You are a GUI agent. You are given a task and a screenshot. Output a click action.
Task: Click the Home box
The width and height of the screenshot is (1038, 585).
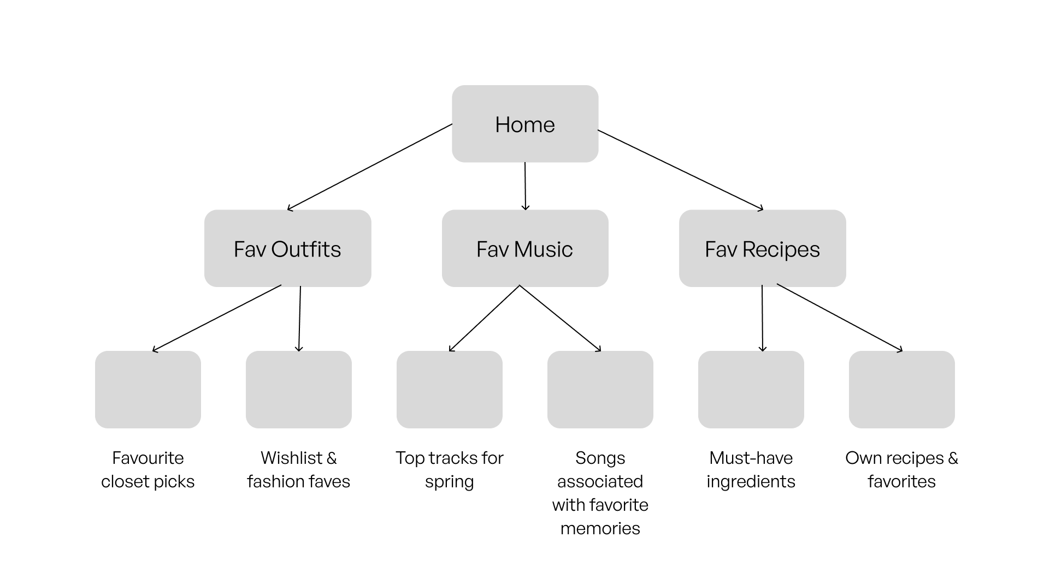pyautogui.click(x=525, y=123)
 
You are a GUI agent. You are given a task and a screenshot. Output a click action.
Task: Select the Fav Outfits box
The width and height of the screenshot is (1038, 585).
pyautogui.click(x=288, y=248)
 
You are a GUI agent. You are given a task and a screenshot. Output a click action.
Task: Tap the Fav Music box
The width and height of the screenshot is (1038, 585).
pyautogui.click(x=525, y=248)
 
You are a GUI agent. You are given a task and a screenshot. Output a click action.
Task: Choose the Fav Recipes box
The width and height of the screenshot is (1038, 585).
pyautogui.click(x=763, y=248)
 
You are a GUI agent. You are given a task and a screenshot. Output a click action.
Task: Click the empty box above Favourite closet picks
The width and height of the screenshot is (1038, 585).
pyautogui.click(x=148, y=390)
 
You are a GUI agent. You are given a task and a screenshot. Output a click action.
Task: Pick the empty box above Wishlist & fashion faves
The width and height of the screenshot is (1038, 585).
pyautogui.click(x=299, y=390)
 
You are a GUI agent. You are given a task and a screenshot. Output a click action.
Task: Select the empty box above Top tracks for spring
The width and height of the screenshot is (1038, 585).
pyautogui.click(x=450, y=390)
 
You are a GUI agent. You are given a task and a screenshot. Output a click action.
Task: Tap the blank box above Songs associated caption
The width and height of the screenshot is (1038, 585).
pyautogui.click(x=600, y=390)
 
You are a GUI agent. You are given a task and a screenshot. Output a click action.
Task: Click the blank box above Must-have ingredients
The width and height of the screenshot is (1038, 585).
pyautogui.click(x=751, y=390)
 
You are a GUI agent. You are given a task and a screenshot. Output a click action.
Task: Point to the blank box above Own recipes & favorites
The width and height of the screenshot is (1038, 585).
pyautogui.click(x=902, y=390)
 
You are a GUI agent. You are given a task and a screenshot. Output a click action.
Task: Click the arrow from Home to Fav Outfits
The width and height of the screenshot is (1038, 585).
pyautogui.click(x=370, y=167)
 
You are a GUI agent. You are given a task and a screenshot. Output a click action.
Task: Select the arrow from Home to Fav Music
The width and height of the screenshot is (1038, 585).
pyautogui.click(x=526, y=186)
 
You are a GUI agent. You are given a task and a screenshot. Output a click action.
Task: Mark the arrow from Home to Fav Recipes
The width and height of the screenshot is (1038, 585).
pyautogui.click(x=681, y=170)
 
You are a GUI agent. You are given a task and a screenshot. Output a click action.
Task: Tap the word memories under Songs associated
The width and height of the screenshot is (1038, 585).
pyautogui.click(x=600, y=528)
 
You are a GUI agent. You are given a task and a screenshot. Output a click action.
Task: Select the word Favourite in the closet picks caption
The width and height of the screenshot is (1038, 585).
pyautogui.click(x=148, y=458)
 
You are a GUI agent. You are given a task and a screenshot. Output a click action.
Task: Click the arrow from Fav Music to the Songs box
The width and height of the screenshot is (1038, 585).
pyautogui.click(x=560, y=318)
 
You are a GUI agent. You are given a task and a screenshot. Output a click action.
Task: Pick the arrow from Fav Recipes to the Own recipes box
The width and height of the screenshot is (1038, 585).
pyautogui.click(x=840, y=318)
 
